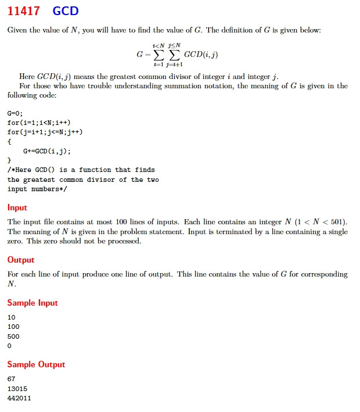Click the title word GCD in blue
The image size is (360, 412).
65,11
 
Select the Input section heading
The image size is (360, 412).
17,207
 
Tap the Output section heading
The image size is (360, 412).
21,260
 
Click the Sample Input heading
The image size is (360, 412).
33,303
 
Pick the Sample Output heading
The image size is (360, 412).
36,364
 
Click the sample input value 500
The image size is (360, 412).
13,336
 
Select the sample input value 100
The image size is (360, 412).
13,327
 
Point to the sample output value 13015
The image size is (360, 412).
17,389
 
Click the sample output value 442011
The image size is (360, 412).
19,398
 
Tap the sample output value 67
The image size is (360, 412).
12,379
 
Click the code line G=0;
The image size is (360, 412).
15,113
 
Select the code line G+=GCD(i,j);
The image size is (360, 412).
47,151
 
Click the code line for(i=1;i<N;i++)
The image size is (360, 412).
39,123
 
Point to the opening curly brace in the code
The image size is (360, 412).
9,141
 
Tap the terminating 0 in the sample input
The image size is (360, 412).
9,346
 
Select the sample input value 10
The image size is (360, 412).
12,318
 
